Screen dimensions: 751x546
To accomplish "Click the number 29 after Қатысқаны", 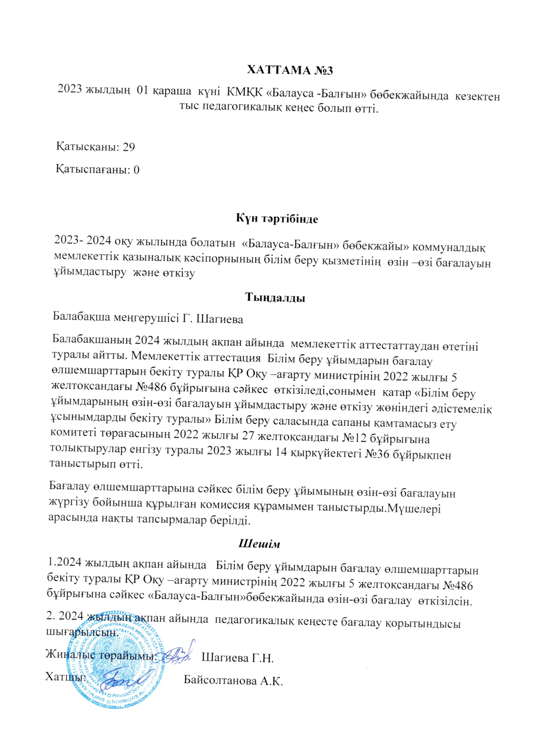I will point(128,147).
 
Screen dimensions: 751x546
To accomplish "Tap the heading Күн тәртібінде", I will point(277,219).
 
